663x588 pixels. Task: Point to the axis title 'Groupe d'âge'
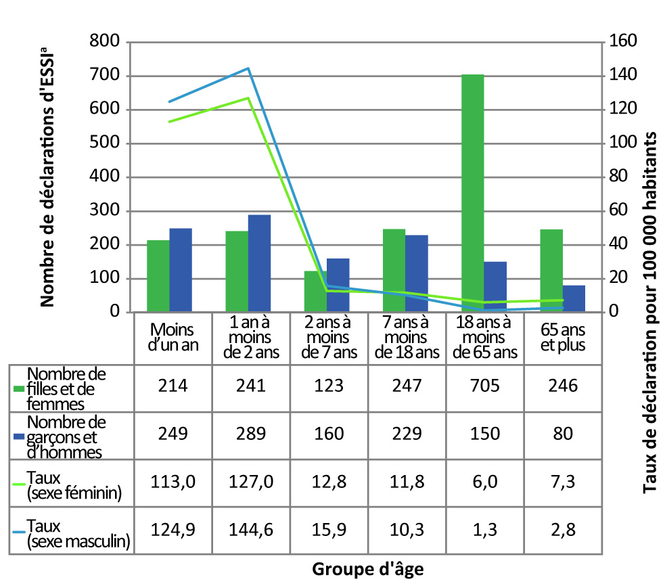[x=368, y=569]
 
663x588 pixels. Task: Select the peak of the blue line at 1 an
[x=249, y=68]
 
